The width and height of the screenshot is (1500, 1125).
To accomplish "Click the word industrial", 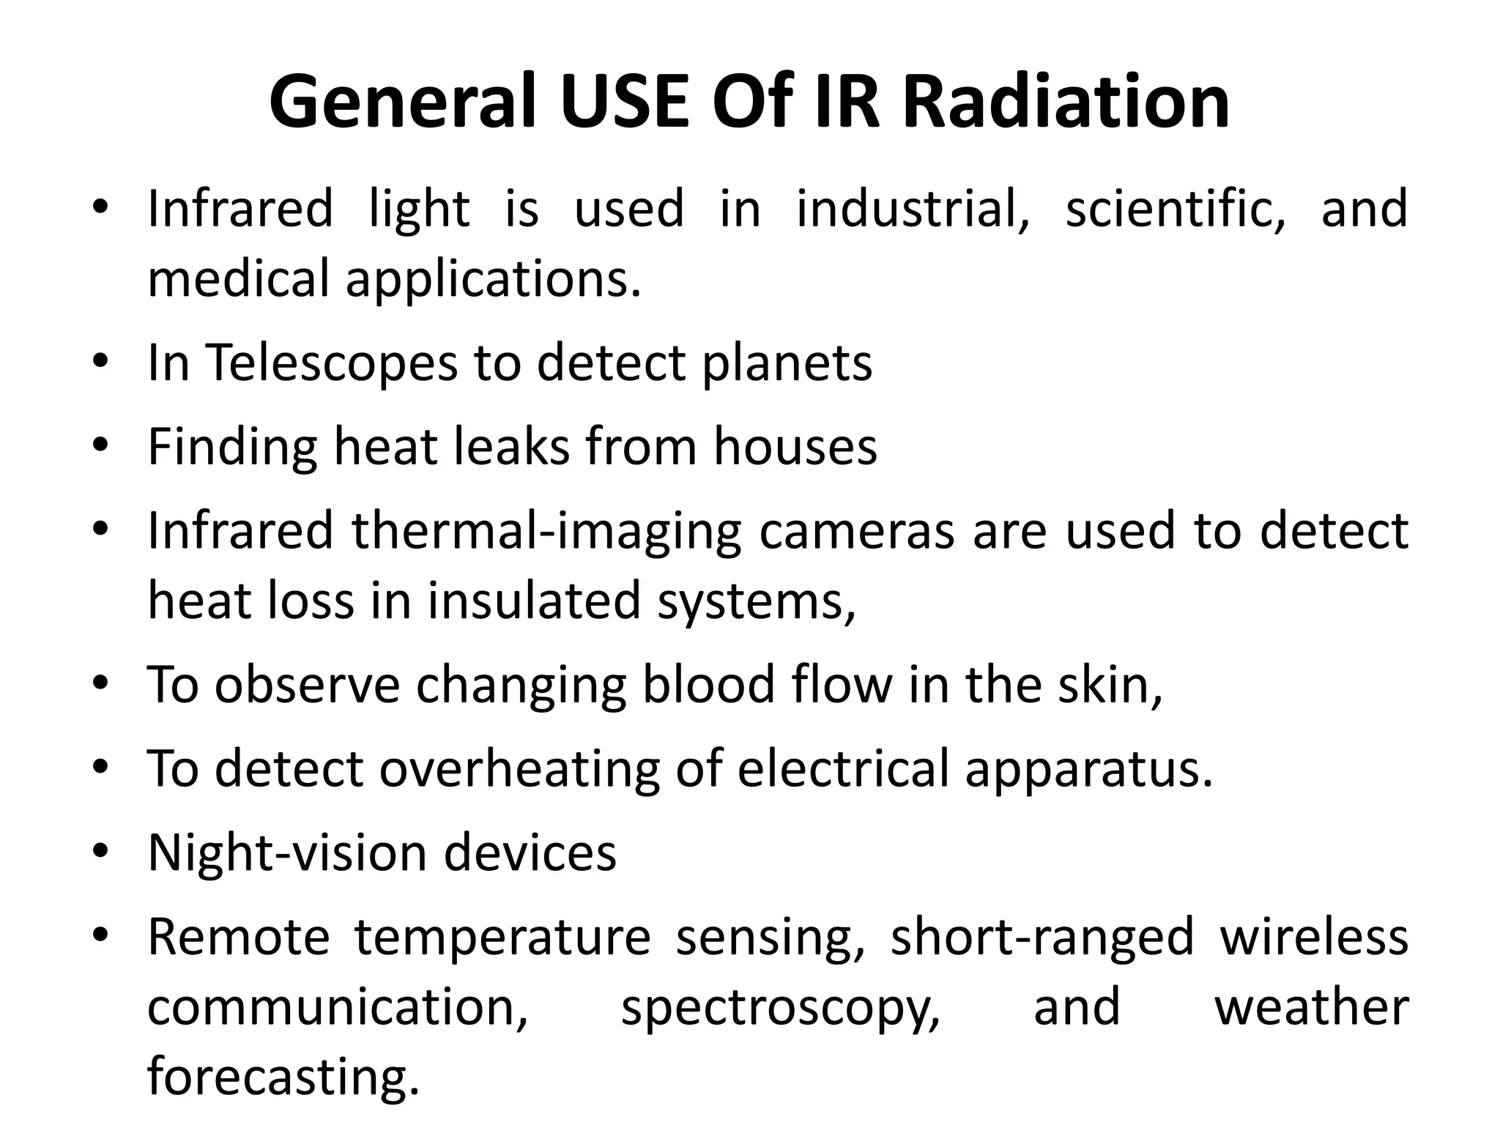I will coord(913,209).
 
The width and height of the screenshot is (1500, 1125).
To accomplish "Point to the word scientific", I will coord(1175,209).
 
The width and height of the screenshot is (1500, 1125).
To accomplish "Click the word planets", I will coord(787,365).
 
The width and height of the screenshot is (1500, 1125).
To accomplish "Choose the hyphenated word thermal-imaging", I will coord(546,532).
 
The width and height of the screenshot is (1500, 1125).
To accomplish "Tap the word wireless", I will coord(1314,937).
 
